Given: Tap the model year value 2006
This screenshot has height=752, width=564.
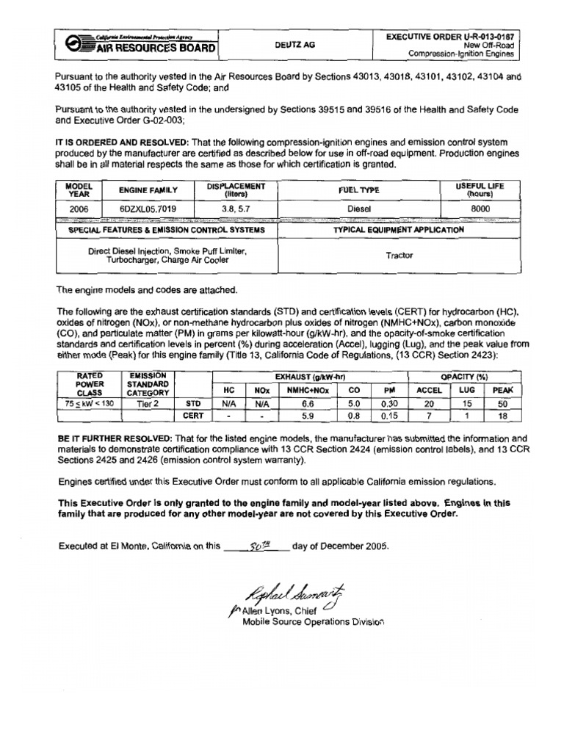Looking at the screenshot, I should [x=78, y=209].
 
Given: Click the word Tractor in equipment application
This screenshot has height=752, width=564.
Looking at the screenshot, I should [x=399, y=256].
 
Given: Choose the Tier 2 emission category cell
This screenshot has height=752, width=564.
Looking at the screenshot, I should [x=148, y=403].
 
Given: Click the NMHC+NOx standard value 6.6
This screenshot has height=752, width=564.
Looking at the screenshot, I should [x=308, y=403].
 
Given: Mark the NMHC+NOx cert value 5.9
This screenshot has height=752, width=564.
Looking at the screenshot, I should [x=308, y=416].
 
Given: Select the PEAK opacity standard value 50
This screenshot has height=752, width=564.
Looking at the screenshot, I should [x=503, y=403].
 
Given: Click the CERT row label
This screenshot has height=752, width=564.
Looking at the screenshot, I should [x=193, y=416].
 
